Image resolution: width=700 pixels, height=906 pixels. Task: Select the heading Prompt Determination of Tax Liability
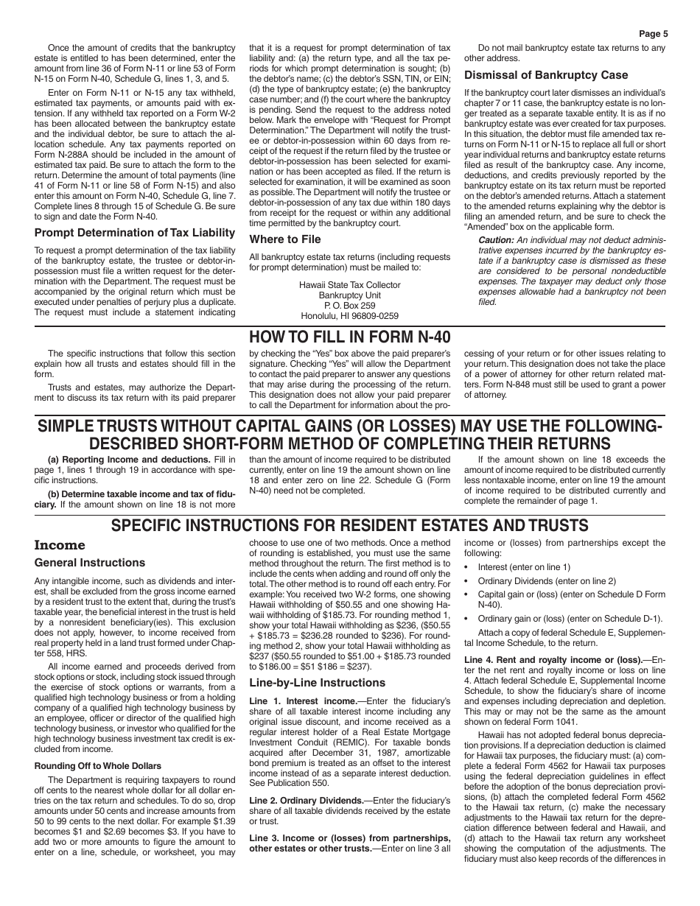(135, 233)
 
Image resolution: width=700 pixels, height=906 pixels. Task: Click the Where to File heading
(285, 239)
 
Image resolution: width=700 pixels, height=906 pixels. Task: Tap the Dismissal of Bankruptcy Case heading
(546, 75)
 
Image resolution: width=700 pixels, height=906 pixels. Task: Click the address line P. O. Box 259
(350, 306)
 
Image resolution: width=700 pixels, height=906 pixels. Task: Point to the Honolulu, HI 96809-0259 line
(350, 316)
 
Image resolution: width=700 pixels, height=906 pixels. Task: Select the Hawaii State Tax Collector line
(350, 285)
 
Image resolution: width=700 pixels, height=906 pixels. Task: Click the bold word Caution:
(495, 240)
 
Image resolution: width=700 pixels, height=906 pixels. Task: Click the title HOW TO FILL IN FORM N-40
(349, 338)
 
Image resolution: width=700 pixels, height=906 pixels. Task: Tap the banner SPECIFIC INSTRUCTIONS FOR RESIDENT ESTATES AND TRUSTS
(350, 525)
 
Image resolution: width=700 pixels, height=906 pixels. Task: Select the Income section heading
(60, 546)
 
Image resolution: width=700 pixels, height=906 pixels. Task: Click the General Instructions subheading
(90, 563)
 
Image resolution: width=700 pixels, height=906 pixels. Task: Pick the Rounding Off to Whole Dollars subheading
(98, 766)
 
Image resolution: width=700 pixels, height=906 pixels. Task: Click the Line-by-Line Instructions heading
(317, 683)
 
